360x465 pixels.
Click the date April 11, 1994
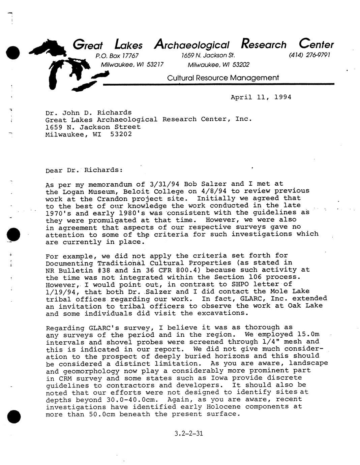[261, 97]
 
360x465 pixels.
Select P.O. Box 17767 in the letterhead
[117, 56]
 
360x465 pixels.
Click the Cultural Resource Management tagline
[223, 78]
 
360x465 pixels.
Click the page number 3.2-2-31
[189, 433]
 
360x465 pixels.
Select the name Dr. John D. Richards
[88, 112]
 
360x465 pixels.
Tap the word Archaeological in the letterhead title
[191, 44]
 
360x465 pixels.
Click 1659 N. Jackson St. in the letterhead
[208, 55]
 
